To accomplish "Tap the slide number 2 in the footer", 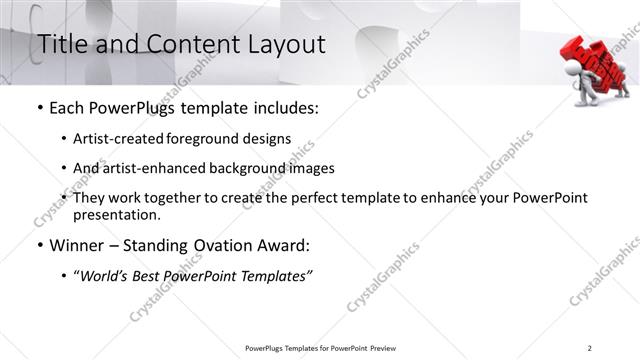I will coord(589,348).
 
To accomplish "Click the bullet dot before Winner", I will coord(38,244).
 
